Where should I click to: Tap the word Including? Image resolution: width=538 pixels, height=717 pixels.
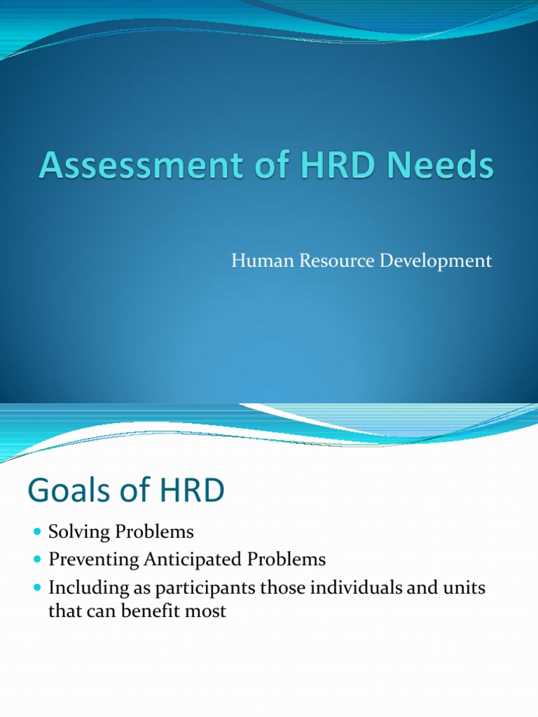pyautogui.click(x=84, y=588)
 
